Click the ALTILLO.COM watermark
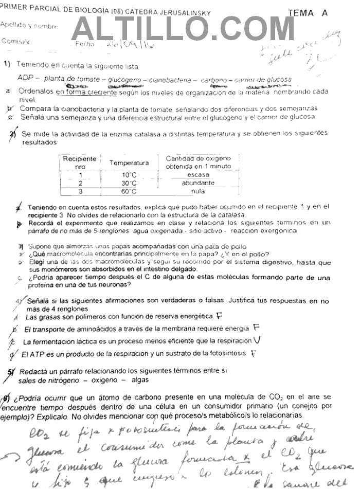183,29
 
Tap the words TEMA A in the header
308,13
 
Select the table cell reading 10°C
129,175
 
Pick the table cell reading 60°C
129,191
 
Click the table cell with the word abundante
198,183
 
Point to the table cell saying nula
198,191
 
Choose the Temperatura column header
129,163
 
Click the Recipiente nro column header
80,162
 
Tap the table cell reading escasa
198,175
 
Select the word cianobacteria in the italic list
168,79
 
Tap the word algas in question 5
139,380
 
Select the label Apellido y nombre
29,25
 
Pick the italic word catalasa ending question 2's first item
231,214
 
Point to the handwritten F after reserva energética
219,316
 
